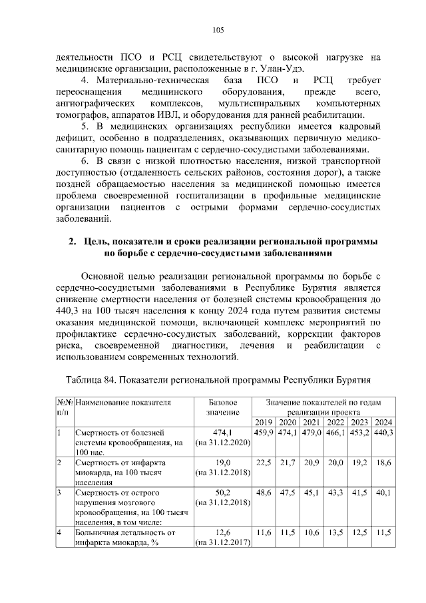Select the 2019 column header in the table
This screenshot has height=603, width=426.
pyautogui.click(x=264, y=423)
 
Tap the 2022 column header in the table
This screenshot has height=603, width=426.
pyautogui.click(x=335, y=423)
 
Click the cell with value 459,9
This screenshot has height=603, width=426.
pyautogui.click(x=264, y=433)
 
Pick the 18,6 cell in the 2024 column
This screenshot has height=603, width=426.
pyautogui.click(x=383, y=462)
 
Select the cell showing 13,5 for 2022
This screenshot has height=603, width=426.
pyautogui.click(x=335, y=532)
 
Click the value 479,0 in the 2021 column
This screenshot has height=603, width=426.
pyautogui.click(x=312, y=433)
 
